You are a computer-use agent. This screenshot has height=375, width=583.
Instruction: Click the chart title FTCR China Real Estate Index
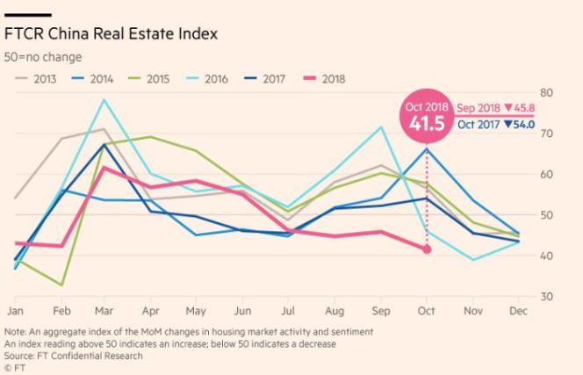coord(112,34)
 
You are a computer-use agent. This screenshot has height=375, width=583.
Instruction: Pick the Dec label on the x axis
coord(518,311)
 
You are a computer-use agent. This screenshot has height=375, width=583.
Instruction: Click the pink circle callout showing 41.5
coord(427,115)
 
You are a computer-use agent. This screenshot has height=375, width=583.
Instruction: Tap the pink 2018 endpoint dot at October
coord(428,249)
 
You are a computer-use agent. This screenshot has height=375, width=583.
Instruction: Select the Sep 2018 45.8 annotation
coord(495,107)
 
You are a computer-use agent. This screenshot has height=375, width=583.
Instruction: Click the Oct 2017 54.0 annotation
coord(493,125)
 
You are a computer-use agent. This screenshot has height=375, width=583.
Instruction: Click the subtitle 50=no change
coord(43,56)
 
